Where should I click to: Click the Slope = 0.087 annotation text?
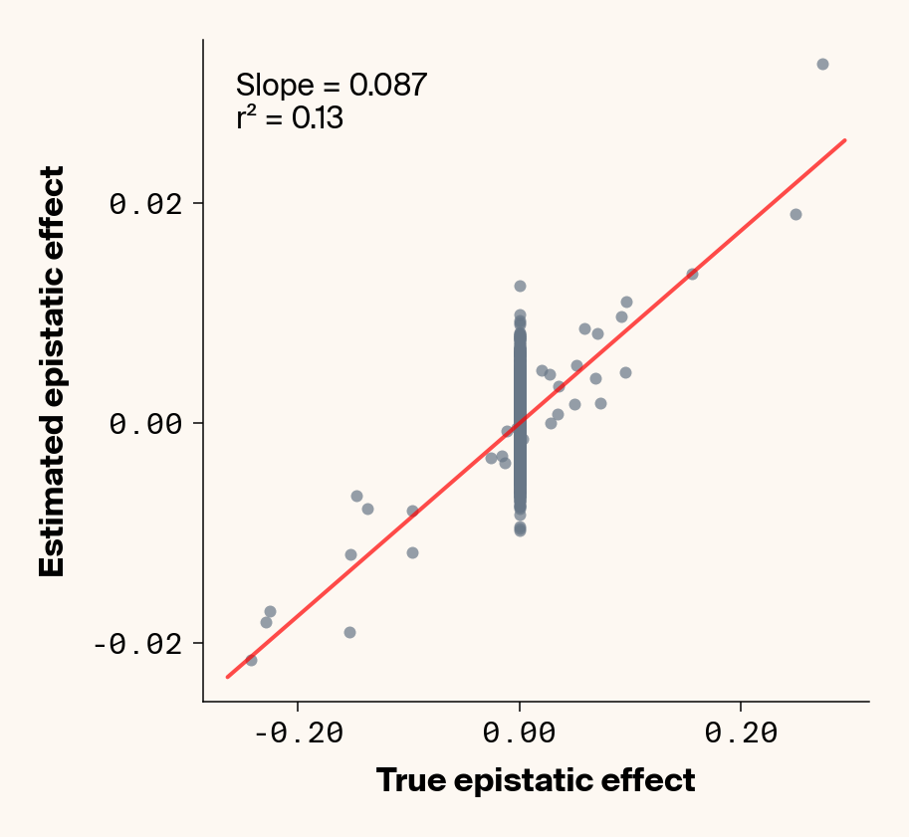point(332,86)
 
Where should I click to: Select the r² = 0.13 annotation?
point(290,119)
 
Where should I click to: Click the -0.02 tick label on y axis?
point(139,643)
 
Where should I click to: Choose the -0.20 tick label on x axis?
point(298,733)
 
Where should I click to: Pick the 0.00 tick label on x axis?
point(520,733)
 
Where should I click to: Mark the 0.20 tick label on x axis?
point(741,733)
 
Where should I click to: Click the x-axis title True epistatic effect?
point(536,780)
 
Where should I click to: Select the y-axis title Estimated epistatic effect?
point(52,371)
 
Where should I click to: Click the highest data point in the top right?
point(822,64)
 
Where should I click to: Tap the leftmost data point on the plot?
point(251,660)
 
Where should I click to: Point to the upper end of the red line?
point(844,140)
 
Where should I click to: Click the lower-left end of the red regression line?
point(228,677)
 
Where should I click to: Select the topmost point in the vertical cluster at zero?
point(520,286)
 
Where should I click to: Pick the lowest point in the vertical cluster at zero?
point(520,530)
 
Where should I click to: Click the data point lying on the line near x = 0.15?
point(692,274)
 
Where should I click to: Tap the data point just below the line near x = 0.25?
point(795,214)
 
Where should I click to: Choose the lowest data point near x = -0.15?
point(349,632)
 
